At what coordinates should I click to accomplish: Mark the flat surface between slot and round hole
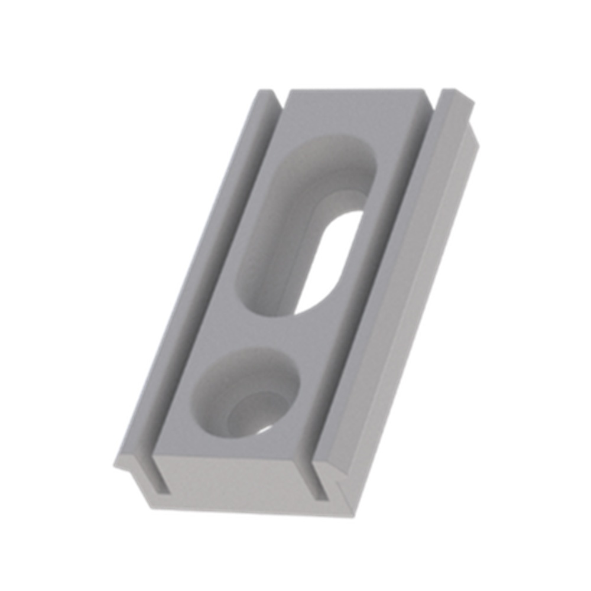coord(284,334)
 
